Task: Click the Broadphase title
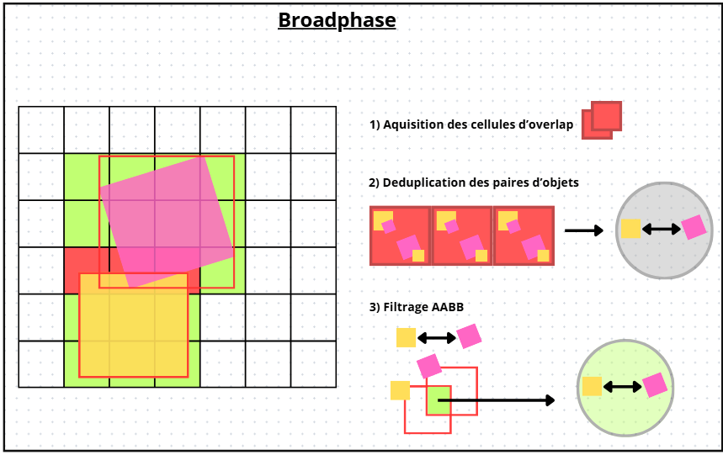pos(337,20)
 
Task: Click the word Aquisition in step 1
pos(412,124)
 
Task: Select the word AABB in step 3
pos(448,307)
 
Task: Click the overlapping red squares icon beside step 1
pos(601,120)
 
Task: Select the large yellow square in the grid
pos(133,325)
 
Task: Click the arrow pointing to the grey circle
pos(583,230)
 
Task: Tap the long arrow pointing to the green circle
pos(496,400)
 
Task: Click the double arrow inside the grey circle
pos(661,229)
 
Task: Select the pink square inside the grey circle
pos(694,227)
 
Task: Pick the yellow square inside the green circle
pos(592,386)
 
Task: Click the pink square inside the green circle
pos(655,384)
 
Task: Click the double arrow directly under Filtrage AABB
pos(436,337)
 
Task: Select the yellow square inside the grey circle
pos(630,228)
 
